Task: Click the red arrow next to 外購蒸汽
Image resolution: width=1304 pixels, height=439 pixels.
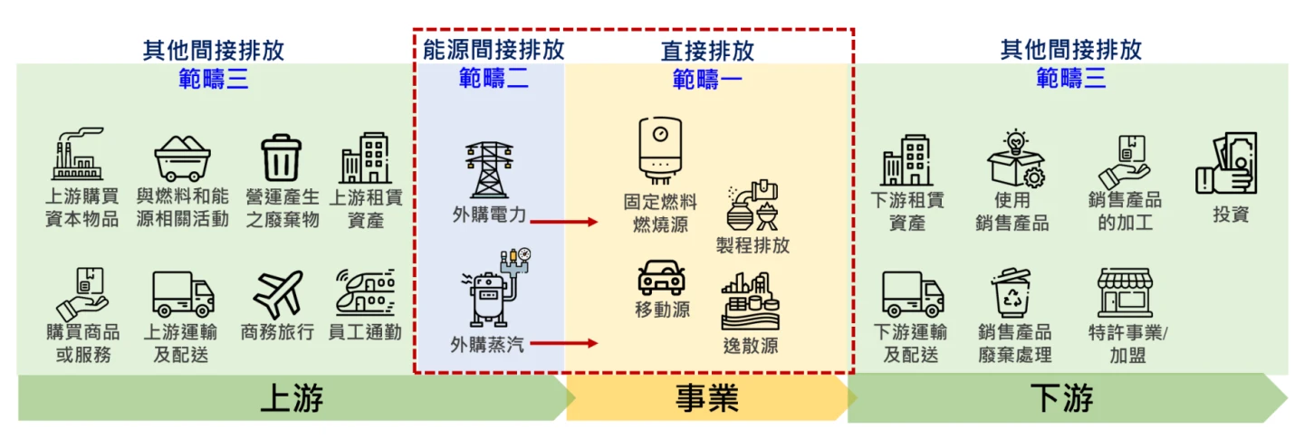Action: [x=564, y=343]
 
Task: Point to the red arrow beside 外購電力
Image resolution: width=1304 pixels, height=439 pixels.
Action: [x=564, y=221]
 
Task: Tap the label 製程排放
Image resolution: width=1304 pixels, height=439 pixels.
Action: [x=753, y=245]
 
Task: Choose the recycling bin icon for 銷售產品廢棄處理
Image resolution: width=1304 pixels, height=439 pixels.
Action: [x=1013, y=291]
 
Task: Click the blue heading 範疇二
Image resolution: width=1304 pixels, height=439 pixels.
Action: [x=494, y=80]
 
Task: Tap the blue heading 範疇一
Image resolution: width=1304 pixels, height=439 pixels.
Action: [x=707, y=80]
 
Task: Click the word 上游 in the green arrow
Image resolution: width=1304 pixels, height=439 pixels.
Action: [x=292, y=398]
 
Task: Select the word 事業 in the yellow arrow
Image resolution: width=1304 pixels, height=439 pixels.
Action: [x=707, y=398]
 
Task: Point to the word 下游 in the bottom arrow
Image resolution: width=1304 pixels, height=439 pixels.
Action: [x=1061, y=398]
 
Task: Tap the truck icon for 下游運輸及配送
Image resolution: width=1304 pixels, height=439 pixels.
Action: [x=913, y=294]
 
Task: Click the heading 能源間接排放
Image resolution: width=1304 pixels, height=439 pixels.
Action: [x=494, y=49]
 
